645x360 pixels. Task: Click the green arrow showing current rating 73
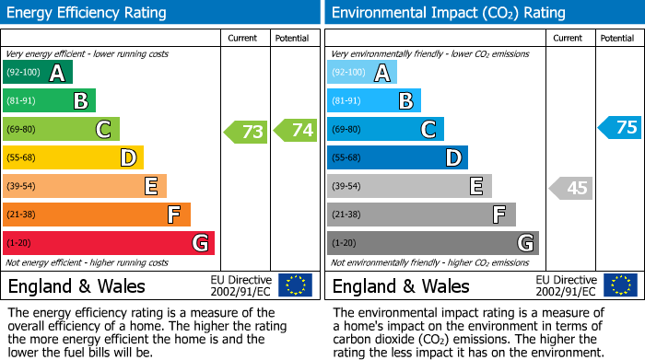point(246,132)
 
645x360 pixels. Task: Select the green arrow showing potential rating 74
point(296,131)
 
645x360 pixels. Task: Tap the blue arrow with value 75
point(620,128)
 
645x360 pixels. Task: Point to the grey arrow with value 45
point(570,188)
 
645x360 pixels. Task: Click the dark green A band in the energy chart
point(38,73)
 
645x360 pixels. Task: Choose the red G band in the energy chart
point(109,243)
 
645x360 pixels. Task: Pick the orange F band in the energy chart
point(97,215)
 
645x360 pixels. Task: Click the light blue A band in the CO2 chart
point(362,73)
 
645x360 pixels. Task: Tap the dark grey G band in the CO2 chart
point(433,243)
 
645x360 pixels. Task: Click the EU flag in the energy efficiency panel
point(295,285)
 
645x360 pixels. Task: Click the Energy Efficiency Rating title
point(88,13)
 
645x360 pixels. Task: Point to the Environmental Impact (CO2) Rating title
point(448,13)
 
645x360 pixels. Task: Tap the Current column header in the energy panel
point(244,38)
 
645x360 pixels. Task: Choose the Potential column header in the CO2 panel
point(617,38)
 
